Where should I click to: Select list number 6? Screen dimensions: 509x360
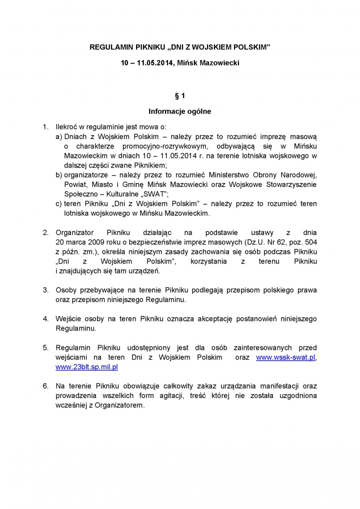(45, 386)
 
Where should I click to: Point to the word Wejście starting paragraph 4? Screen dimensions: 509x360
(68, 318)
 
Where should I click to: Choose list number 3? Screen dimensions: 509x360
(45, 290)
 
